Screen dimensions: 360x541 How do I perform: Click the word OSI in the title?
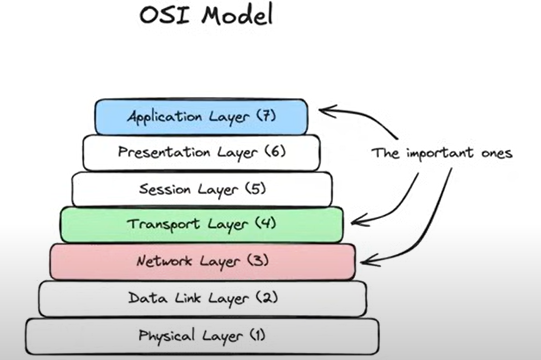point(165,15)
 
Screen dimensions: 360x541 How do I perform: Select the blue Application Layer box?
point(201,116)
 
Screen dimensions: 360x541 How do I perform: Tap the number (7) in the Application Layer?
point(266,116)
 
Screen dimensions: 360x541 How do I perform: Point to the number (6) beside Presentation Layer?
point(275,152)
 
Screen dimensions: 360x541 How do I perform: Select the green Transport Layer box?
point(202,224)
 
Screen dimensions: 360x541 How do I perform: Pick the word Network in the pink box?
point(164,261)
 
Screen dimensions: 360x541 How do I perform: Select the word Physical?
point(166,335)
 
